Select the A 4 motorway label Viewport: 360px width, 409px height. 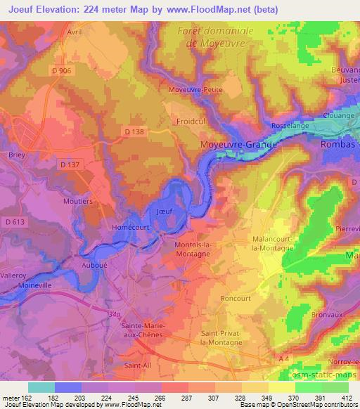pos(283,358)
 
